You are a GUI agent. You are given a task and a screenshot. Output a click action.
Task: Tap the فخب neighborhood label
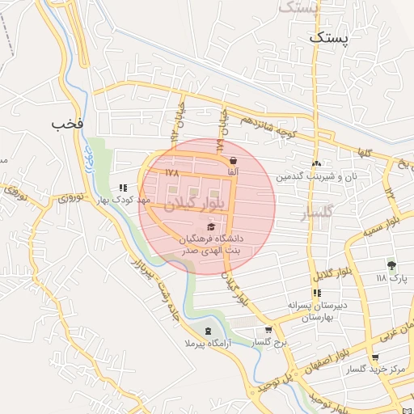tap(67, 125)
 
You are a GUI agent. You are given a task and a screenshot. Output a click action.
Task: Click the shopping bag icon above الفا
tap(233, 160)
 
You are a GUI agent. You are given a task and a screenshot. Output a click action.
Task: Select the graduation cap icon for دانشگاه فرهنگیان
tap(211, 227)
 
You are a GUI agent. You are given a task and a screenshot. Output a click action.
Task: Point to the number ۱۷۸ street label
tap(171, 173)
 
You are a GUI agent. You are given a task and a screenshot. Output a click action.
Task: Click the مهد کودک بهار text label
tap(124, 199)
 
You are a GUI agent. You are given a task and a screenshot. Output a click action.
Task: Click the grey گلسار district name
tap(317, 213)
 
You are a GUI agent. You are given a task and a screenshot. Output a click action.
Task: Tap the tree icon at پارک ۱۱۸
tap(392, 264)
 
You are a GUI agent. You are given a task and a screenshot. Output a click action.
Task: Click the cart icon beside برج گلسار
tap(268, 331)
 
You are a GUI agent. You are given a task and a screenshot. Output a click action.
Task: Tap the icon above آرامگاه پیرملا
tap(209, 331)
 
